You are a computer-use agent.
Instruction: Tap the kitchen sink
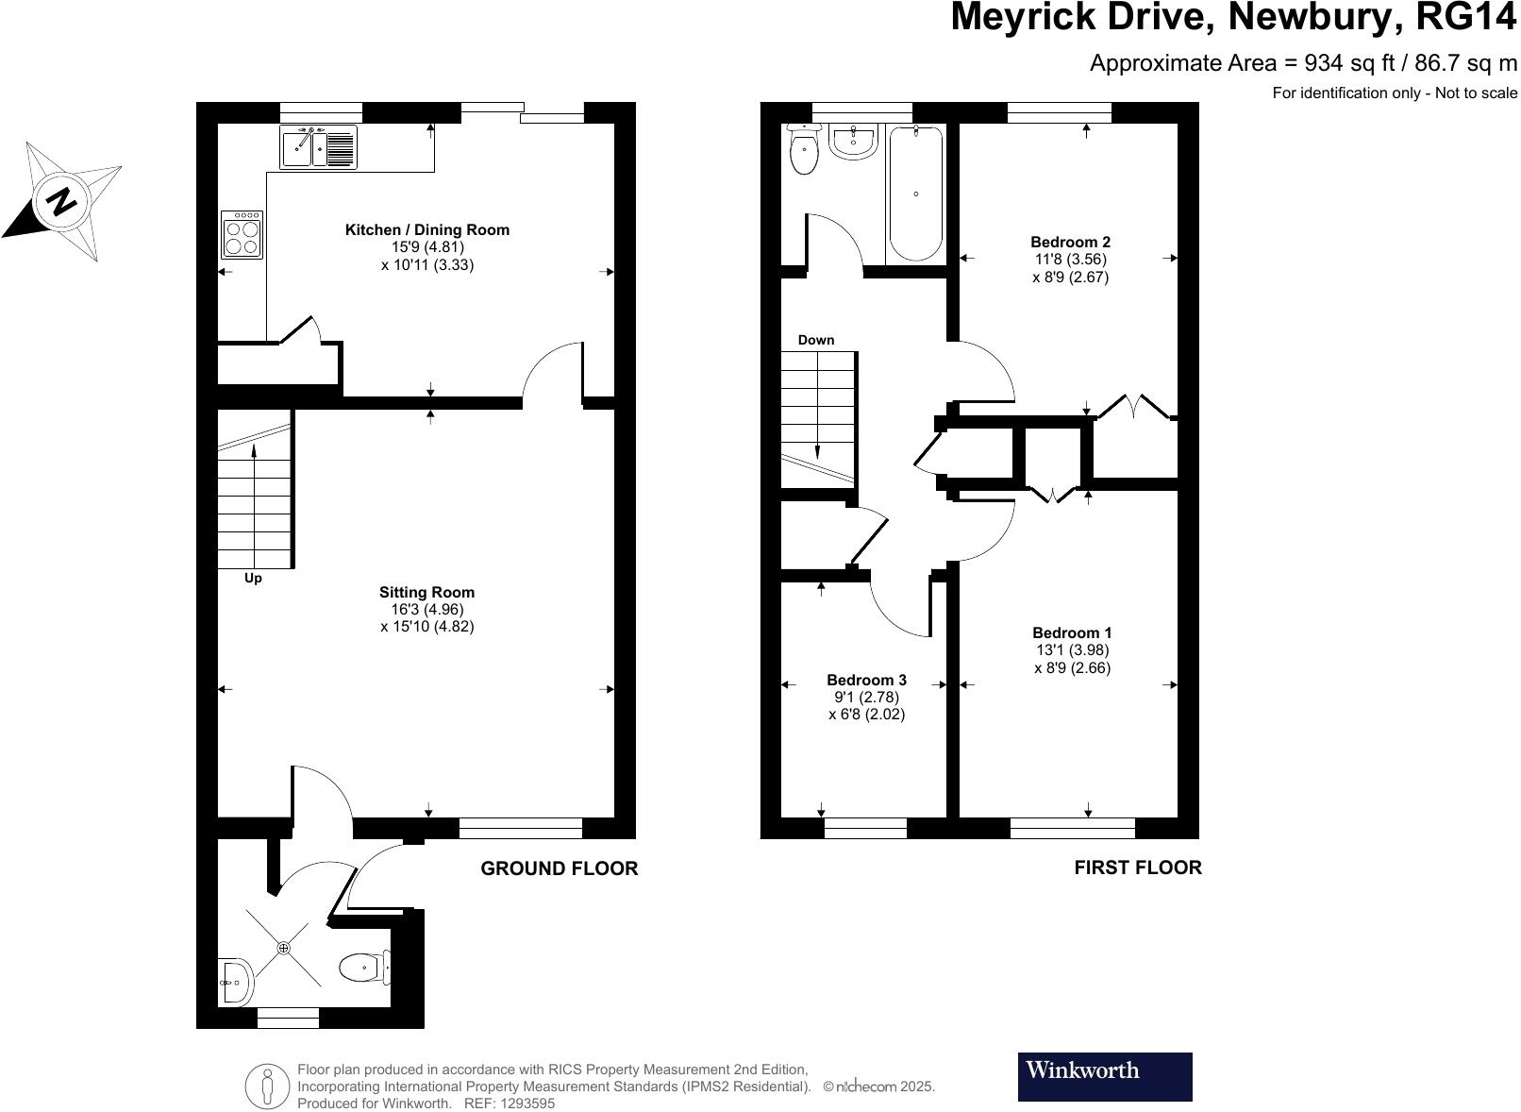pos(318,148)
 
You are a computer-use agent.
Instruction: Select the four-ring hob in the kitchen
pos(242,235)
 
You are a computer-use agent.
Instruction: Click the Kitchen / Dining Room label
pos(426,229)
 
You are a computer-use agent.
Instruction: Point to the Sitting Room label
pos(426,592)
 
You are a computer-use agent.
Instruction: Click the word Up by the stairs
pos(253,578)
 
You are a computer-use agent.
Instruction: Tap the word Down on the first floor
pos(815,340)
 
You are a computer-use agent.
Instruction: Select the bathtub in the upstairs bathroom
pos(915,194)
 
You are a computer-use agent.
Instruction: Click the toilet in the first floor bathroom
pos(804,151)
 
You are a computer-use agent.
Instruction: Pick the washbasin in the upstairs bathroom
pos(854,143)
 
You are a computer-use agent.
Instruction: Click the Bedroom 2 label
pos(1070,242)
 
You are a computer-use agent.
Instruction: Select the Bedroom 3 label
pos(866,680)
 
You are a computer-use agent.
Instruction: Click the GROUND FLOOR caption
pos(559,868)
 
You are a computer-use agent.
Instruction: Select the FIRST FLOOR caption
pos(1137,868)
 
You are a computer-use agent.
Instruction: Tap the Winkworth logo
pos(1104,1076)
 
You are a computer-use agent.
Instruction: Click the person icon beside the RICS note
pos(268,1086)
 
